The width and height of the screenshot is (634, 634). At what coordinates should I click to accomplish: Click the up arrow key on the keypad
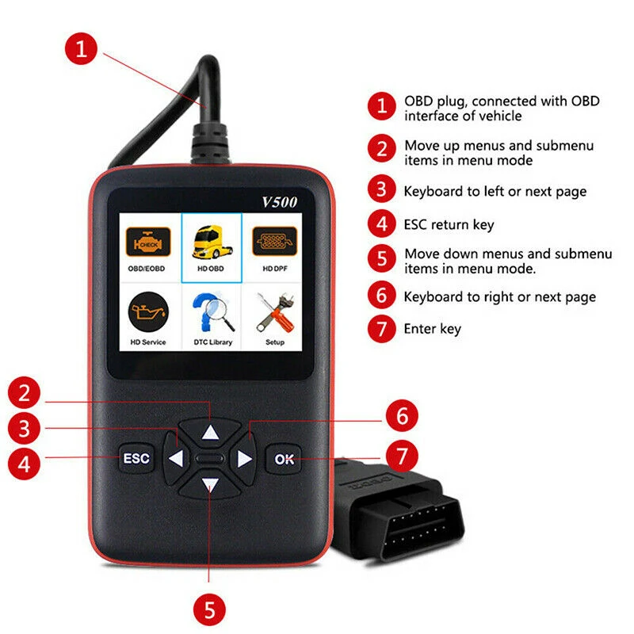click(x=209, y=433)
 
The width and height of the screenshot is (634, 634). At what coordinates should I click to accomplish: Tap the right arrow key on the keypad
click(x=244, y=459)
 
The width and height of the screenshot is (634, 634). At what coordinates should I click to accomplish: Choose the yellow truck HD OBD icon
click(x=211, y=243)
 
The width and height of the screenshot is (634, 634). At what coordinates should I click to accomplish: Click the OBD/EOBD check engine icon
click(x=146, y=241)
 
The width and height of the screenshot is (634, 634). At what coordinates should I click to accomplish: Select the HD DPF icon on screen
click(x=274, y=241)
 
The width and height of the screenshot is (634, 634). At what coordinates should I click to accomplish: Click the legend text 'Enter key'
click(x=432, y=328)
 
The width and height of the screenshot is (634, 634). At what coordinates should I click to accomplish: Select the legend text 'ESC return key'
click(x=449, y=224)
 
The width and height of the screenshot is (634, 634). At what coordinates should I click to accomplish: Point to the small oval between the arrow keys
click(x=209, y=459)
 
